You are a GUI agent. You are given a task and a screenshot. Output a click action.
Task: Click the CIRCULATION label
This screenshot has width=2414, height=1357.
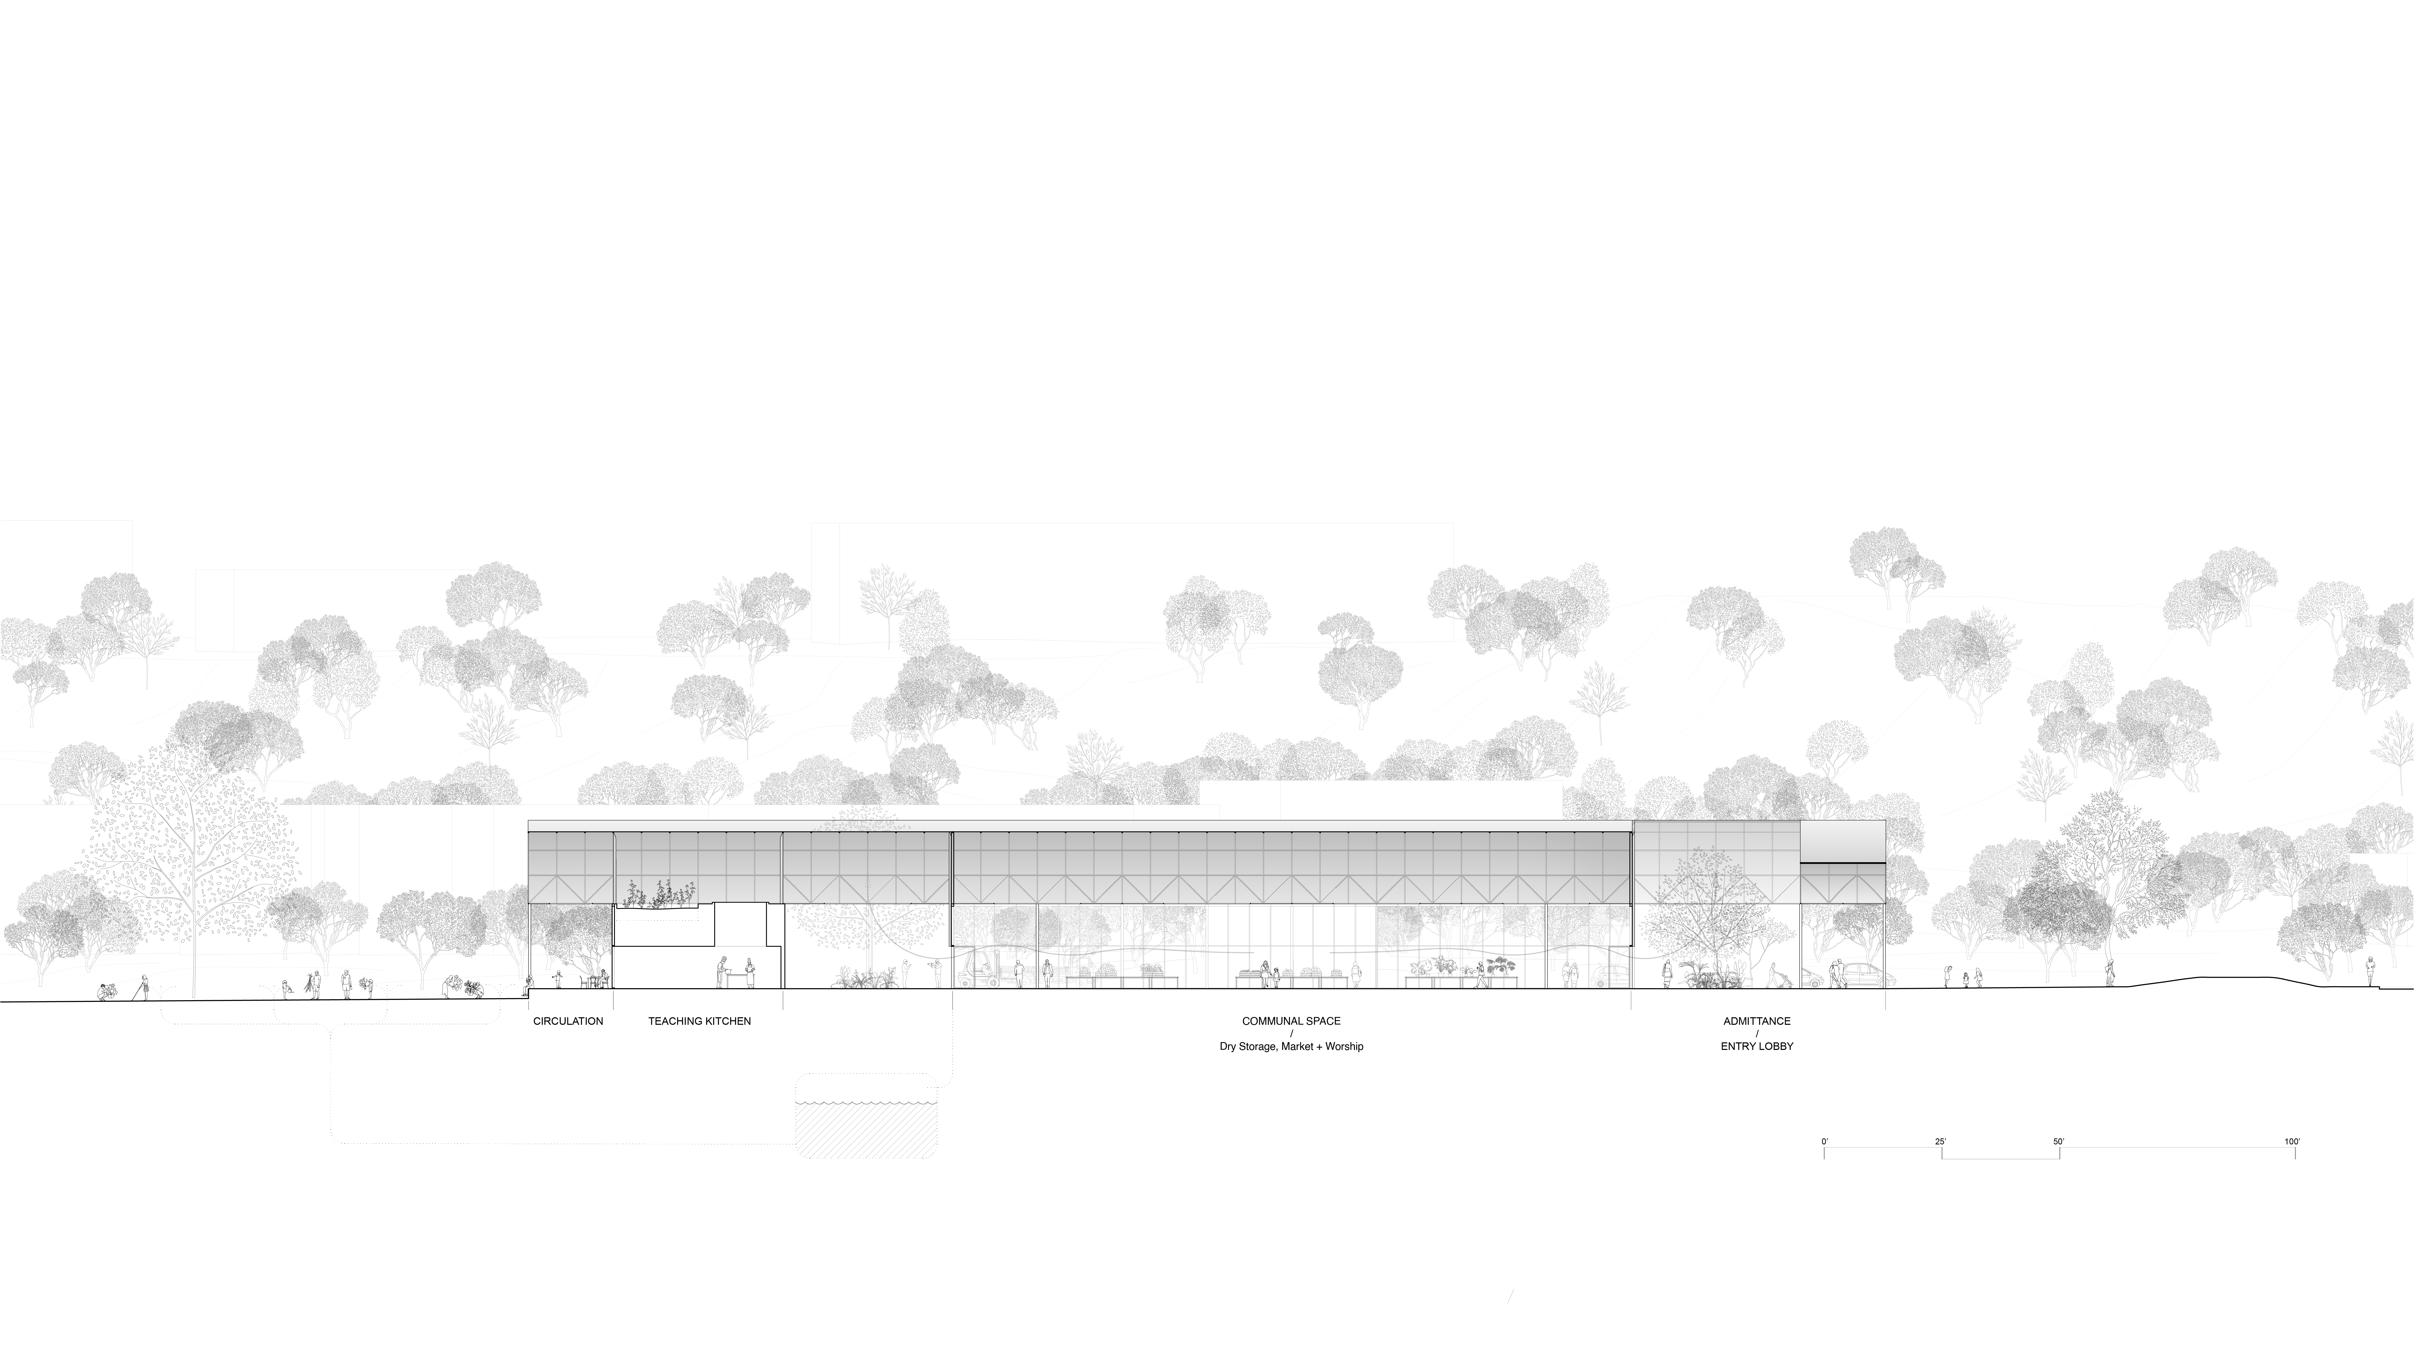point(568,1021)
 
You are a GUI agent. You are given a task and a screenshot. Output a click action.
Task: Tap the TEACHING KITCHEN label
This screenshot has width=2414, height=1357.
point(699,1021)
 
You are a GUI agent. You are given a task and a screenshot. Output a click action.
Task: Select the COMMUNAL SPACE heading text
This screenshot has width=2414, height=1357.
point(1291,1021)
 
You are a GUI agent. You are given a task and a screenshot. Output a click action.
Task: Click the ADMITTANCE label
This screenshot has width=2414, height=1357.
point(1757,1021)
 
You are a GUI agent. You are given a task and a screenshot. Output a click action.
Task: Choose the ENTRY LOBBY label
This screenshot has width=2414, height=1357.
point(1757,1046)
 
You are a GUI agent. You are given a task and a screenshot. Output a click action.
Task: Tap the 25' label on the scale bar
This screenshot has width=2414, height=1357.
point(1941,1141)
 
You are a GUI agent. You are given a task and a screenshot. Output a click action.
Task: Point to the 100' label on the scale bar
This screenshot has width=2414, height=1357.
point(2292,1141)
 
